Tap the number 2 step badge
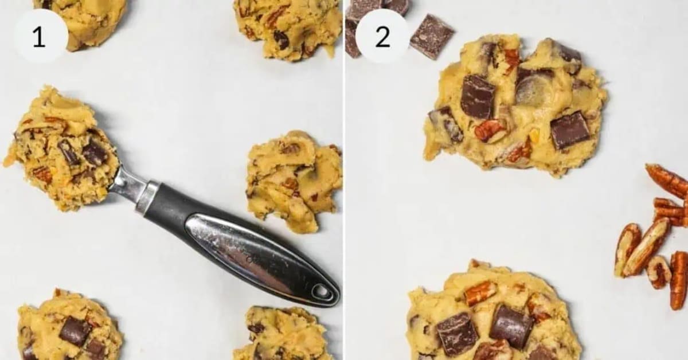(x=382, y=37)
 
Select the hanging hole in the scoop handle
(x=322, y=292)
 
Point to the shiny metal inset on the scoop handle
(x=247, y=252)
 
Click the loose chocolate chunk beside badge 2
(x=431, y=36)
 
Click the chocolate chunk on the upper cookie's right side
(x=569, y=130)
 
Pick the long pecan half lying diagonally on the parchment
(x=647, y=246)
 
